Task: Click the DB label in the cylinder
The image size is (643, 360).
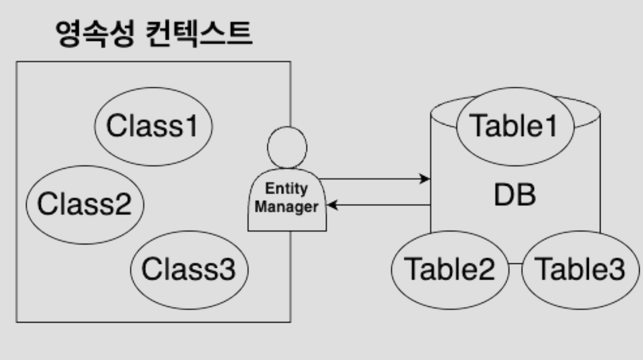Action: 514,195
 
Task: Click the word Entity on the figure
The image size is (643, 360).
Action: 286,189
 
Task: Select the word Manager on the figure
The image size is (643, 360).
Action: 286,207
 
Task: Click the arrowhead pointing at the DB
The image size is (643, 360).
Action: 425,179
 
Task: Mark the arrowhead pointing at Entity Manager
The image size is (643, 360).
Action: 333,205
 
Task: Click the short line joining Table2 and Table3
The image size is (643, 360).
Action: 515,264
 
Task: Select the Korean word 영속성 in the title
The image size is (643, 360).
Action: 95,34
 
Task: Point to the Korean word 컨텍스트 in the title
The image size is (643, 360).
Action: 198,34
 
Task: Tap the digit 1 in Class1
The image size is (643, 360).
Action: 192,125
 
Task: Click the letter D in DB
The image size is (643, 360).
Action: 504,195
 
